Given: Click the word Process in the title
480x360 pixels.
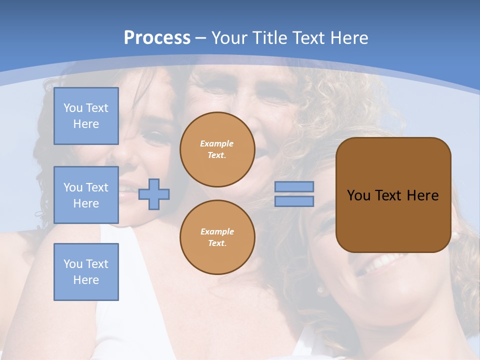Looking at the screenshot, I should (157, 37).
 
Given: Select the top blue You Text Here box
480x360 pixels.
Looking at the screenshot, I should (86, 116).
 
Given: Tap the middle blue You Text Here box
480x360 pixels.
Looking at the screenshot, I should (86, 195).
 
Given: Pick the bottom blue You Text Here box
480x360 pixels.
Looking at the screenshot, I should (86, 271).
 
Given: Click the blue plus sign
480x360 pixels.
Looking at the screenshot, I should (154, 195).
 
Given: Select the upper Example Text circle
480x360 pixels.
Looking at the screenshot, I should (217, 149).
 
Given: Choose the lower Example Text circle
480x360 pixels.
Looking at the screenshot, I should (217, 237).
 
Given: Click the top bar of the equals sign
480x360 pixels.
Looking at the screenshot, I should (294, 186).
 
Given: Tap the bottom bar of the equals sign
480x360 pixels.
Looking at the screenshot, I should (294, 201).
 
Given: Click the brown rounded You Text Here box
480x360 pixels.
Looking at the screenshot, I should (393, 194).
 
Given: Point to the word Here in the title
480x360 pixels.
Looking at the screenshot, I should (348, 38).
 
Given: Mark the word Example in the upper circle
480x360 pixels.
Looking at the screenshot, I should (217, 143).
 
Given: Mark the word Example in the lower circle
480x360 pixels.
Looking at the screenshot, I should (217, 231).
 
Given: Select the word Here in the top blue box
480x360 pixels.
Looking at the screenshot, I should (86, 124).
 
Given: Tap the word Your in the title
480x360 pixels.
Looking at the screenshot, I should (228, 38).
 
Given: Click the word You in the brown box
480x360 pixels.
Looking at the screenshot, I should (359, 195).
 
